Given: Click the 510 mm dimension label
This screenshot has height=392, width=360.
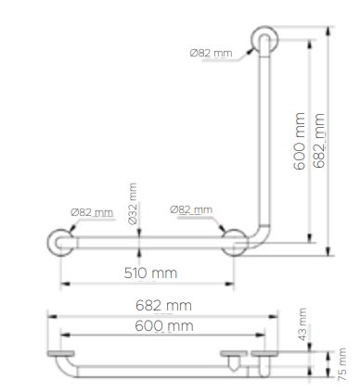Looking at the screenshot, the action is tap(150, 273).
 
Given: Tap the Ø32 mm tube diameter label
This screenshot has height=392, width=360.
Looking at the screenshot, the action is tap(133, 204).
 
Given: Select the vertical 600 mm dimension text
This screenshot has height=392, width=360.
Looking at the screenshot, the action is tap(299, 141).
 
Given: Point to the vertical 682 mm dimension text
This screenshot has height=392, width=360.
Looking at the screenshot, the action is tap(319, 141).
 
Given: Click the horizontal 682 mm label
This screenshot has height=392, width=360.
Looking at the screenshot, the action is tap(163, 306).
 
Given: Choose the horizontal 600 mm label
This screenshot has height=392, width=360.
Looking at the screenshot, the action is tap(164, 326).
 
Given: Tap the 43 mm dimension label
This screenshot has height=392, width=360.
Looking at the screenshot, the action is tap(302, 324).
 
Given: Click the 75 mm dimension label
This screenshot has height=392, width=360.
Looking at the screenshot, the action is tap(342, 364).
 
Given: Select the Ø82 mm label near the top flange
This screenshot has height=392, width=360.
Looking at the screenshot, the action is tap(211, 54).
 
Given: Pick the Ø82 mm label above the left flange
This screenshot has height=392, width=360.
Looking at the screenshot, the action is tap(92, 212).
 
